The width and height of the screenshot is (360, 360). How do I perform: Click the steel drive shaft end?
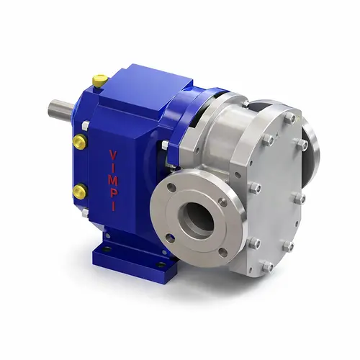(60, 110)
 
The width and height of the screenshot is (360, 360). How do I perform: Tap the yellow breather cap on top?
(100, 81)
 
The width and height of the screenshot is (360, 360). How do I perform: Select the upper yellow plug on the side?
(80, 142)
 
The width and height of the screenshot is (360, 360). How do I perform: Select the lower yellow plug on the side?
(79, 192)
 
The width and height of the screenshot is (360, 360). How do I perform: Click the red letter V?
(113, 155)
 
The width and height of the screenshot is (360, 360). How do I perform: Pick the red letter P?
(113, 193)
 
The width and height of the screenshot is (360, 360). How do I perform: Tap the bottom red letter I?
(114, 206)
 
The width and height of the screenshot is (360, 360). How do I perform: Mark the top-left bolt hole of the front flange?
(171, 187)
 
